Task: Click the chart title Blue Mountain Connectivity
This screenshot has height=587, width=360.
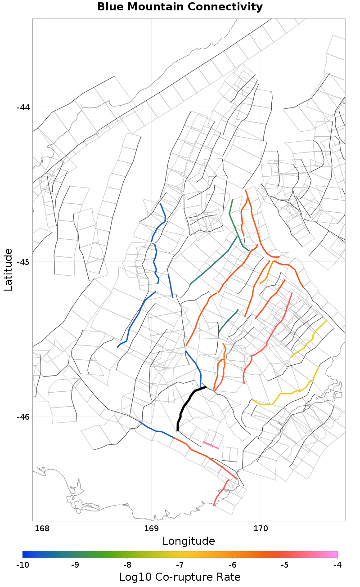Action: coord(180,7)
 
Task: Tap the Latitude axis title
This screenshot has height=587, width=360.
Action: coord(9,269)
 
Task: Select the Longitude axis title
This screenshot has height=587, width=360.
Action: coord(189,541)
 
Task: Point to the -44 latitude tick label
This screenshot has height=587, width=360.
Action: coord(23,108)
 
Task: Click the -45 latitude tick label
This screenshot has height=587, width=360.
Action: coord(23,262)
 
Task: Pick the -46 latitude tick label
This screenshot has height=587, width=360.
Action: coord(23,417)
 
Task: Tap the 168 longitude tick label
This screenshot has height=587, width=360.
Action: coord(42,528)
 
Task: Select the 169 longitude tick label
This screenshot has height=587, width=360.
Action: coord(151,528)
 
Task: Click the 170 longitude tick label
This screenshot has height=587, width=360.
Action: coord(261,528)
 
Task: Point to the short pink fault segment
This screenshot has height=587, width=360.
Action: coord(211,445)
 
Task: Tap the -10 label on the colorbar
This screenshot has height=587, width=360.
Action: coord(22,565)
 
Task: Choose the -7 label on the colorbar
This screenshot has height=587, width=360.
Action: coord(180,565)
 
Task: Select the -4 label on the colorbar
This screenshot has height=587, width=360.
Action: coord(337,565)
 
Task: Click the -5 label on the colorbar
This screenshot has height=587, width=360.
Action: coord(285,565)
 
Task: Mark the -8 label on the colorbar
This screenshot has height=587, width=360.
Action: coord(127,565)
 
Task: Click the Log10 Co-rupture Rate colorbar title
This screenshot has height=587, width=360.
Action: coord(180,577)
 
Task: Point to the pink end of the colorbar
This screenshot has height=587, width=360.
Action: coord(334,554)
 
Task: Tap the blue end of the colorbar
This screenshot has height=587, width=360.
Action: coord(26,554)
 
